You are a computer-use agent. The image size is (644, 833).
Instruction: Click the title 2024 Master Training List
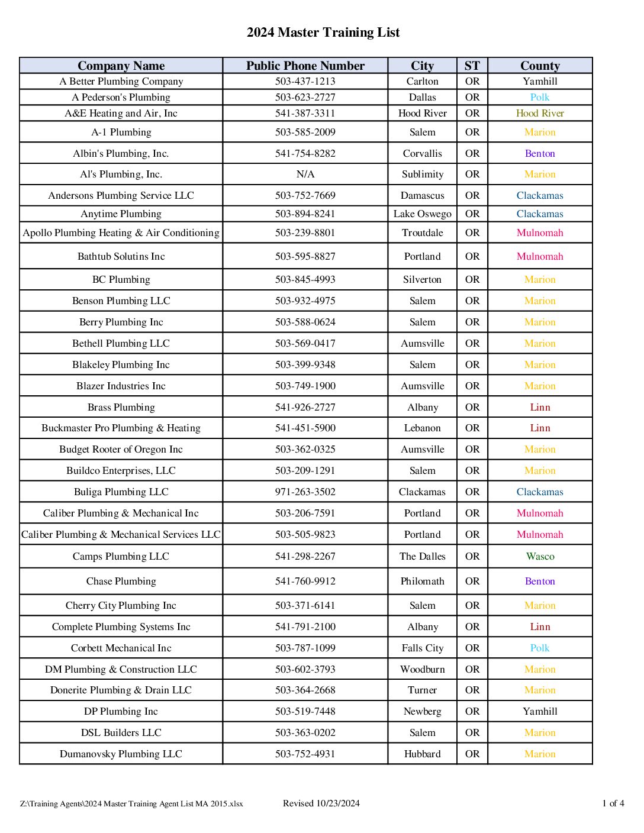(323, 33)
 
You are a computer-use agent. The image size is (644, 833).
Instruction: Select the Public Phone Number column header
(305, 66)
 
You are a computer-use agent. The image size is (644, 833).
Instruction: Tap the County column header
(540, 66)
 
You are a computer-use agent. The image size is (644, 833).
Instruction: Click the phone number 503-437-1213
(305, 82)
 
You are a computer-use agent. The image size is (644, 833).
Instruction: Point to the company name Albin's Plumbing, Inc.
(121, 154)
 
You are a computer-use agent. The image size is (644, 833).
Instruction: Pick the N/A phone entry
(305, 175)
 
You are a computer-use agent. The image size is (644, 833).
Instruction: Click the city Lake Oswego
(422, 214)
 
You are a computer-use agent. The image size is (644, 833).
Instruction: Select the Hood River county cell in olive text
(540, 114)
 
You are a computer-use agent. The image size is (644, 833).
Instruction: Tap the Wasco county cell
(540, 557)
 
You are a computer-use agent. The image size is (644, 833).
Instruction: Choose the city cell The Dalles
(422, 557)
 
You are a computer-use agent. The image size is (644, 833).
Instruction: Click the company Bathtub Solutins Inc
(121, 257)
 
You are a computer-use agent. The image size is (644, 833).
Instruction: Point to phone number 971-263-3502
(305, 492)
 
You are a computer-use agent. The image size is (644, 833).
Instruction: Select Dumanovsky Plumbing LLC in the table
(121, 754)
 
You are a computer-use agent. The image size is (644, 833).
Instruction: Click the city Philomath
(422, 582)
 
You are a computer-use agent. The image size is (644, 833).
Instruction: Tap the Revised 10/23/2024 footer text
(321, 803)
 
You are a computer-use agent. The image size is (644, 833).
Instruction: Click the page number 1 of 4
(613, 803)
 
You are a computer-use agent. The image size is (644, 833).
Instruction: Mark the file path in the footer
(131, 804)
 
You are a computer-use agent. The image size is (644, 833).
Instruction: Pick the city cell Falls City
(422, 648)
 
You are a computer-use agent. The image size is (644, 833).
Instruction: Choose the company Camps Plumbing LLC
(121, 557)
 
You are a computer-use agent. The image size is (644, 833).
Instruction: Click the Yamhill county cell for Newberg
(540, 712)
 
